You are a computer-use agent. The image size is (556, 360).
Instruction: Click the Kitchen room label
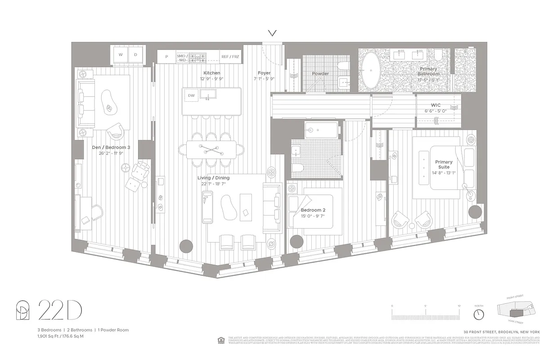tap(211, 73)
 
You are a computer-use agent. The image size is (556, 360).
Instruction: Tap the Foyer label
tap(264, 73)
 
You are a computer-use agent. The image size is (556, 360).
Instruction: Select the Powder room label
tap(320, 73)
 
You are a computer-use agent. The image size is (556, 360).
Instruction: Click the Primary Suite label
tap(444, 164)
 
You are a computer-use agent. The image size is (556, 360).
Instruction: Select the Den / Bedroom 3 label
tap(111, 147)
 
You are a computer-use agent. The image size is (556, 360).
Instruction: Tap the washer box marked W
tap(120, 54)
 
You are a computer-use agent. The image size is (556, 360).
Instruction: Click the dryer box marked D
tap(136, 54)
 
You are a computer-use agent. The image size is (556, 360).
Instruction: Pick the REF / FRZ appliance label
tap(230, 57)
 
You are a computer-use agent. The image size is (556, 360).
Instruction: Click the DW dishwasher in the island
tap(191, 95)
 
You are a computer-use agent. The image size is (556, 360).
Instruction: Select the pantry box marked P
tap(166, 57)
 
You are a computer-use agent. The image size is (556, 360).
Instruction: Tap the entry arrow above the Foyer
tap(272, 33)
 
